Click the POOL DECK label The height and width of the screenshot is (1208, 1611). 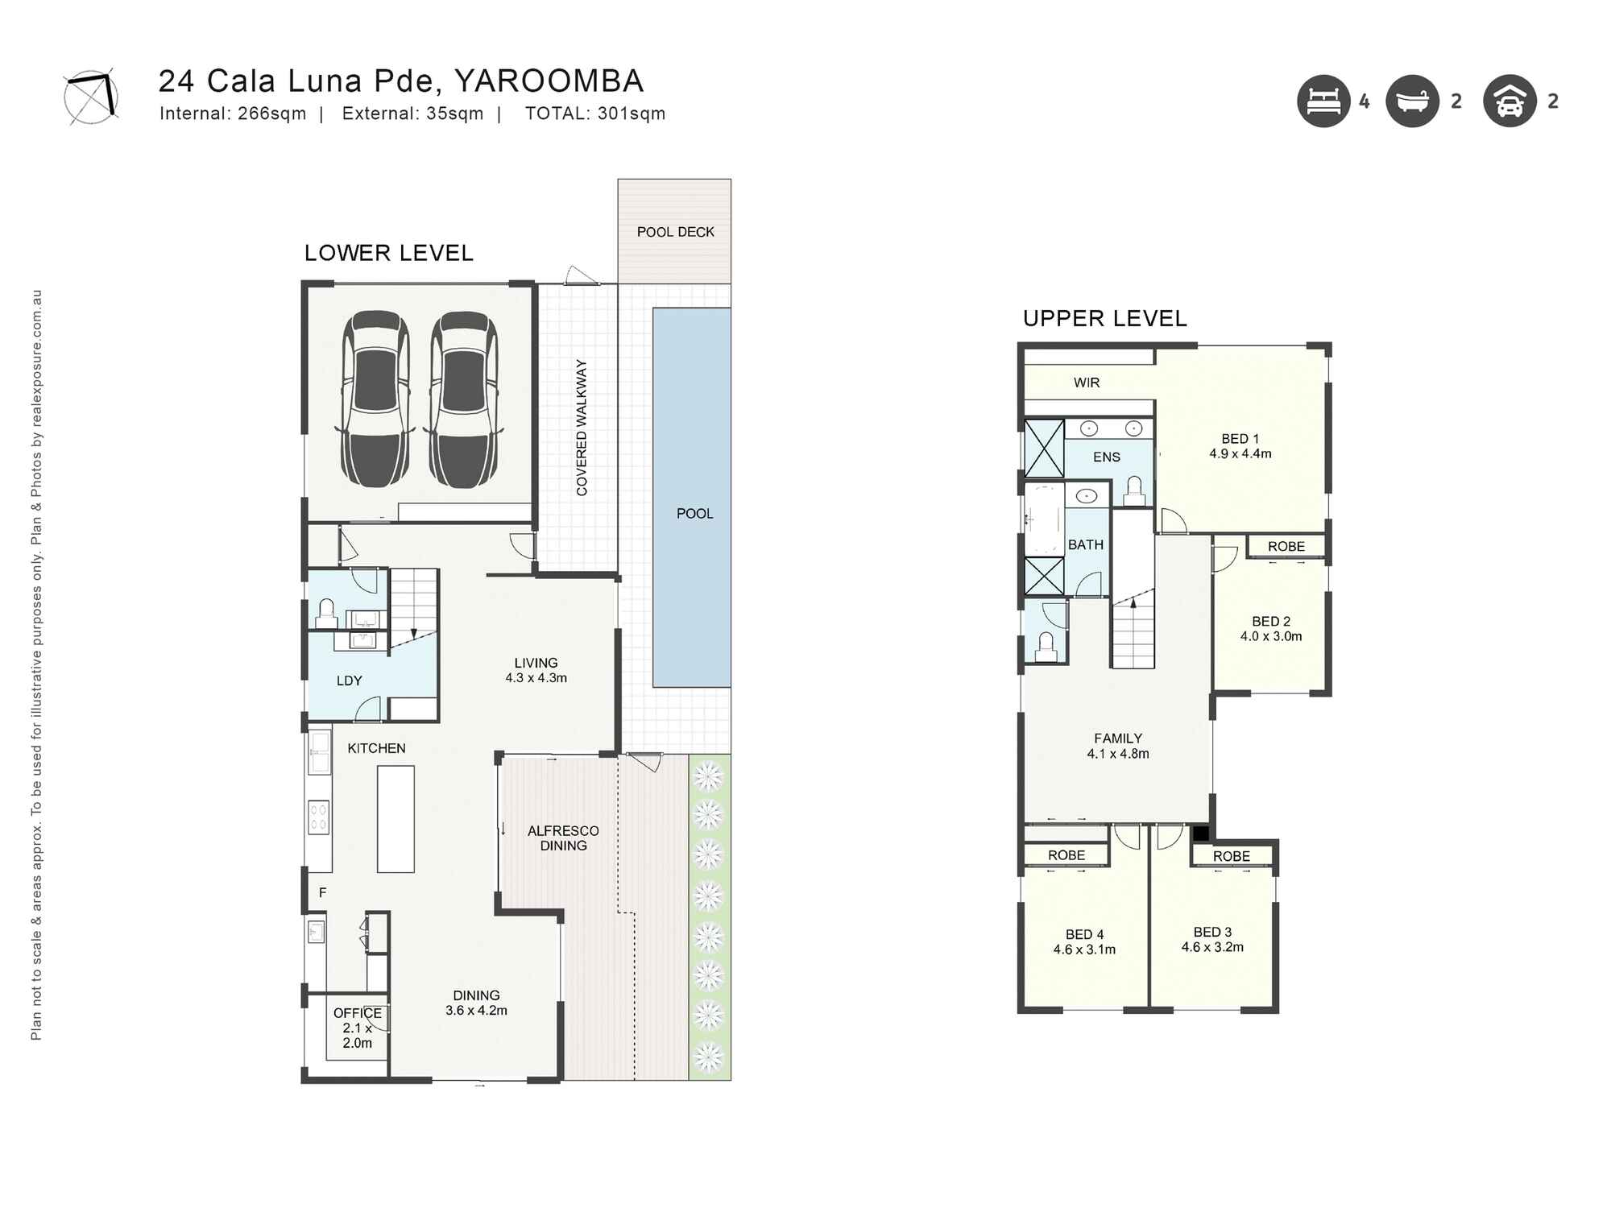coord(675,232)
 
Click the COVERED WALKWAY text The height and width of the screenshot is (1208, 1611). coord(582,428)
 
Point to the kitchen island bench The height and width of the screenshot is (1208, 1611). coord(396,819)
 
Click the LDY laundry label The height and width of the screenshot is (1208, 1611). coord(349,681)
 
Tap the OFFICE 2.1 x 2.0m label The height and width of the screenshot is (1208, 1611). coord(358,1028)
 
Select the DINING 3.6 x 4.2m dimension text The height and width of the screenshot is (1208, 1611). coord(476,1011)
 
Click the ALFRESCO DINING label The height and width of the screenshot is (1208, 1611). coord(563,838)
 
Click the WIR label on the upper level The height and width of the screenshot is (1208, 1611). coord(1086,383)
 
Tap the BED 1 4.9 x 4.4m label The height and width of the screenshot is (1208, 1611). coord(1240,446)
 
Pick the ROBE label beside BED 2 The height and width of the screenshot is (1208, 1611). coord(1286,546)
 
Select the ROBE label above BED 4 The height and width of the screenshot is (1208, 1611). coord(1066,855)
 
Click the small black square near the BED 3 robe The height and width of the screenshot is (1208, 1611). coord(1200,834)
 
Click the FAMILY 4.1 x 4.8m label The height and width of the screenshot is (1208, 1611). coord(1118,746)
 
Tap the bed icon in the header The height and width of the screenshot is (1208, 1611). coord(1323,101)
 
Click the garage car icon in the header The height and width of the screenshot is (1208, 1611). coord(1510,101)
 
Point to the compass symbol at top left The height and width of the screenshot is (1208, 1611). coord(91,96)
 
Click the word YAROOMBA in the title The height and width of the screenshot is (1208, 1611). coord(549,81)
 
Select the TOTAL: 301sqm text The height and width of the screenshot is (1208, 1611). coord(594,114)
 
